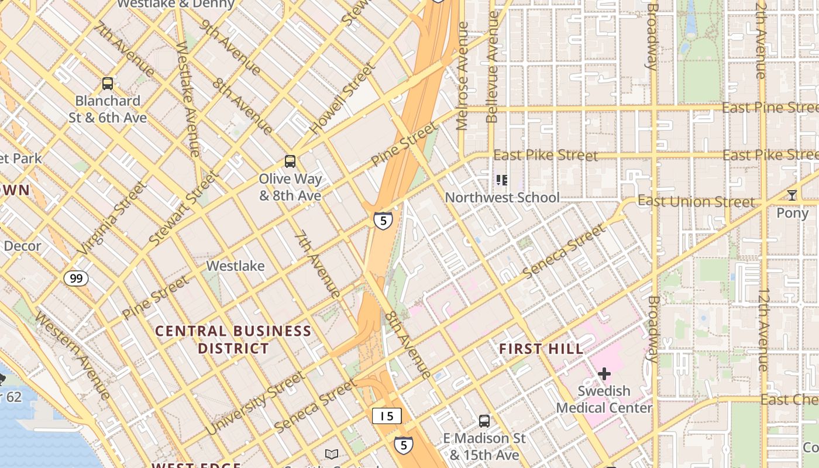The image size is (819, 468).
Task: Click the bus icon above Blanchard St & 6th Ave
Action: coord(108,84)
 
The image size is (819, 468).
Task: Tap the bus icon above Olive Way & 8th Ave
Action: coord(290,161)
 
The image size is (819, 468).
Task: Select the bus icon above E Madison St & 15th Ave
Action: coord(484,421)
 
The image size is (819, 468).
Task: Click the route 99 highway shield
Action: coord(76,278)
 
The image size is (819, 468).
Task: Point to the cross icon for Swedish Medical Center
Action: coord(604,373)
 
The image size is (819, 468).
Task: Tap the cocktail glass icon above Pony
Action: coord(792,195)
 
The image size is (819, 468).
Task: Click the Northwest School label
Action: coord(502,197)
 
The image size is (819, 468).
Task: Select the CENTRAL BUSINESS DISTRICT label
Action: coord(233,340)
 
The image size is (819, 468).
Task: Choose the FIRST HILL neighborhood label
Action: coord(541,349)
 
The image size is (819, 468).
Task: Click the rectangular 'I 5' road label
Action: coord(387,416)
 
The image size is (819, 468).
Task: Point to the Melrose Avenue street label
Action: coord(463,76)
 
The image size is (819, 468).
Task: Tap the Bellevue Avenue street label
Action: coord(492,67)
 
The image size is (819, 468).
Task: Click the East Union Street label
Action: coord(696,202)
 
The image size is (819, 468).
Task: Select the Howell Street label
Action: coord(343,98)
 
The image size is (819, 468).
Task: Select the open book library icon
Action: coord(331,454)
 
